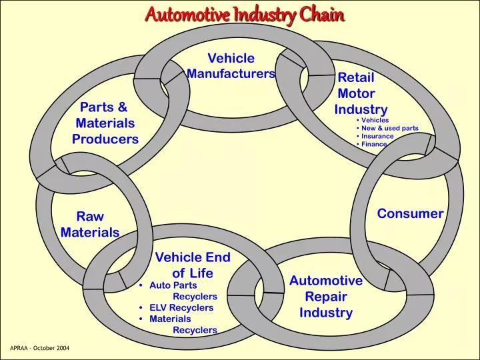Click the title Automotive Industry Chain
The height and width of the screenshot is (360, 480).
pos(245,14)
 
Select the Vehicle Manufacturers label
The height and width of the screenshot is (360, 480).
pos(231,66)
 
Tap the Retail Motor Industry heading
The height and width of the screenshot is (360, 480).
pos(360,94)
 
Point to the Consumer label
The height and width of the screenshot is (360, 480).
pos(410,213)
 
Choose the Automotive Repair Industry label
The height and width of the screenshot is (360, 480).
pos(325,297)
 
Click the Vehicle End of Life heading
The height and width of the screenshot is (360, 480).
pos(193,265)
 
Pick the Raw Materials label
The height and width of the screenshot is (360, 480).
pos(90,225)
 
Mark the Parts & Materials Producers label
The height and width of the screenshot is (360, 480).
pos(105,123)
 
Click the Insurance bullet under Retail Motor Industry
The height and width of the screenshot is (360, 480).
pos(377,136)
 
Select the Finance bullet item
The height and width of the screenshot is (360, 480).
pos(374,144)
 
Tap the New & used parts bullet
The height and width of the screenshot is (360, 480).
pos(389,128)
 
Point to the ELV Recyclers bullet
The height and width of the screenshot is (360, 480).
pos(181,307)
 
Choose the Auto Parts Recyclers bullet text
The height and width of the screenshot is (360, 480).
pos(183,291)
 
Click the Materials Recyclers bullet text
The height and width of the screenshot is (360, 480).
pos(183,324)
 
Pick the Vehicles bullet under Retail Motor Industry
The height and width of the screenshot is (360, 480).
pos(375,120)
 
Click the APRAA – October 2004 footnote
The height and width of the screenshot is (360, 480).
pos(40,349)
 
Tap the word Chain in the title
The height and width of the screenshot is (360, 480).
pos(322,14)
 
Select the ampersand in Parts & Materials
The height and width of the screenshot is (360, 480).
pos(122,107)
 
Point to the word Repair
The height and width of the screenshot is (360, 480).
pos(327,297)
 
